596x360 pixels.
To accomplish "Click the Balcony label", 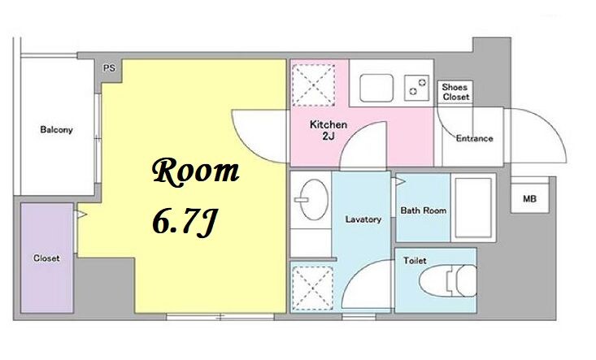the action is (56, 130).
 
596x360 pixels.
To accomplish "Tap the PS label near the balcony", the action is (109, 68).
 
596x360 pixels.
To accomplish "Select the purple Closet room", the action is (46, 258).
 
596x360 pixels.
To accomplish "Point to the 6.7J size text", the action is (185, 223).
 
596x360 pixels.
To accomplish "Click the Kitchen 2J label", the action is (328, 130).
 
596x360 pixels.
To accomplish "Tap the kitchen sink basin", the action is (376, 88).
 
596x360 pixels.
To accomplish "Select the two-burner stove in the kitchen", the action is (416, 88).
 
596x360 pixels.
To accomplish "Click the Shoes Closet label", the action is (455, 92).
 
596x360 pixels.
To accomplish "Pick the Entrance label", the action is (474, 139).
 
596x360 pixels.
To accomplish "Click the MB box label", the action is (529, 198).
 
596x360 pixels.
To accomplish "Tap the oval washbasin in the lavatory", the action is (313, 200).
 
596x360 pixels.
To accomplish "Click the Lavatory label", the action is (363, 219).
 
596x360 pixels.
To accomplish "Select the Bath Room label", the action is (424, 210).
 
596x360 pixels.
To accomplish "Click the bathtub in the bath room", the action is (473, 208).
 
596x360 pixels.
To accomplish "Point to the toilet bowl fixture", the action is (449, 280).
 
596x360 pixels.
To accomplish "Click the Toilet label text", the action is (415, 261).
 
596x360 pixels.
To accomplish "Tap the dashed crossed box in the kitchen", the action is (314, 85).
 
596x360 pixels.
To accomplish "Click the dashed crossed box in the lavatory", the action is (312, 288).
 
